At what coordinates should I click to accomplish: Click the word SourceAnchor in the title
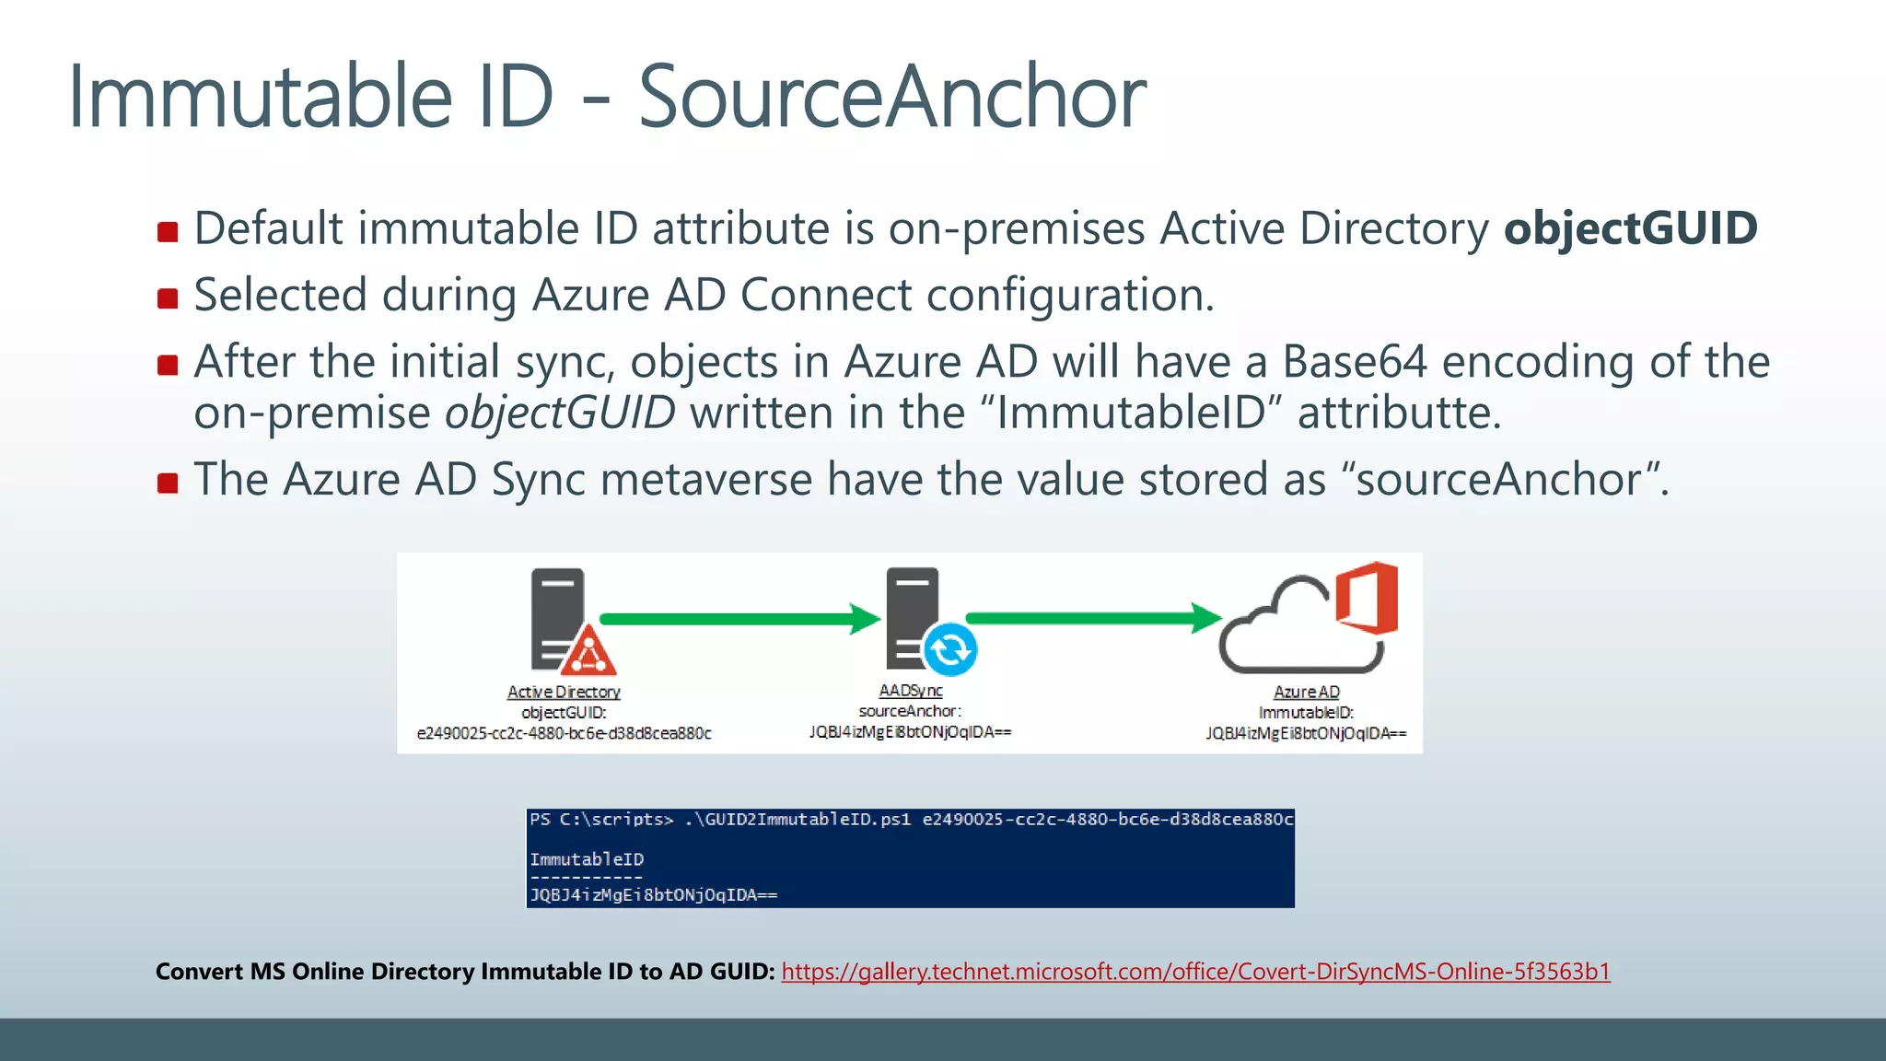point(891,97)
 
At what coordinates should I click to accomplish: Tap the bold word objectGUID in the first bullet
point(1630,228)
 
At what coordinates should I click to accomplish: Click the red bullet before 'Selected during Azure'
point(168,298)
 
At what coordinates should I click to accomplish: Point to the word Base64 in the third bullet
point(1354,362)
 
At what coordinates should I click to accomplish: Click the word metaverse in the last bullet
point(706,480)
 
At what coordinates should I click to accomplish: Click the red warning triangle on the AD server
point(588,652)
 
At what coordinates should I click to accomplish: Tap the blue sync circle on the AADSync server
point(949,649)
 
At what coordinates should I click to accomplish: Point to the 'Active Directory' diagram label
point(564,692)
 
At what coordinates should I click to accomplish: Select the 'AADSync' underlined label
point(910,691)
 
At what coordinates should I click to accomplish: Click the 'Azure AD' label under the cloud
point(1306,692)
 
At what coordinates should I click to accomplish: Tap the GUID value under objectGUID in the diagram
point(564,734)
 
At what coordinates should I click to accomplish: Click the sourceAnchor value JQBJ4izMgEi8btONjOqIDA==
point(910,732)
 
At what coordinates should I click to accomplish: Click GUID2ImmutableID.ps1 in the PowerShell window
point(803,820)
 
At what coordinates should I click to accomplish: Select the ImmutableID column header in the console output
point(587,859)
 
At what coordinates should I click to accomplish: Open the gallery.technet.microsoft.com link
point(1195,972)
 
